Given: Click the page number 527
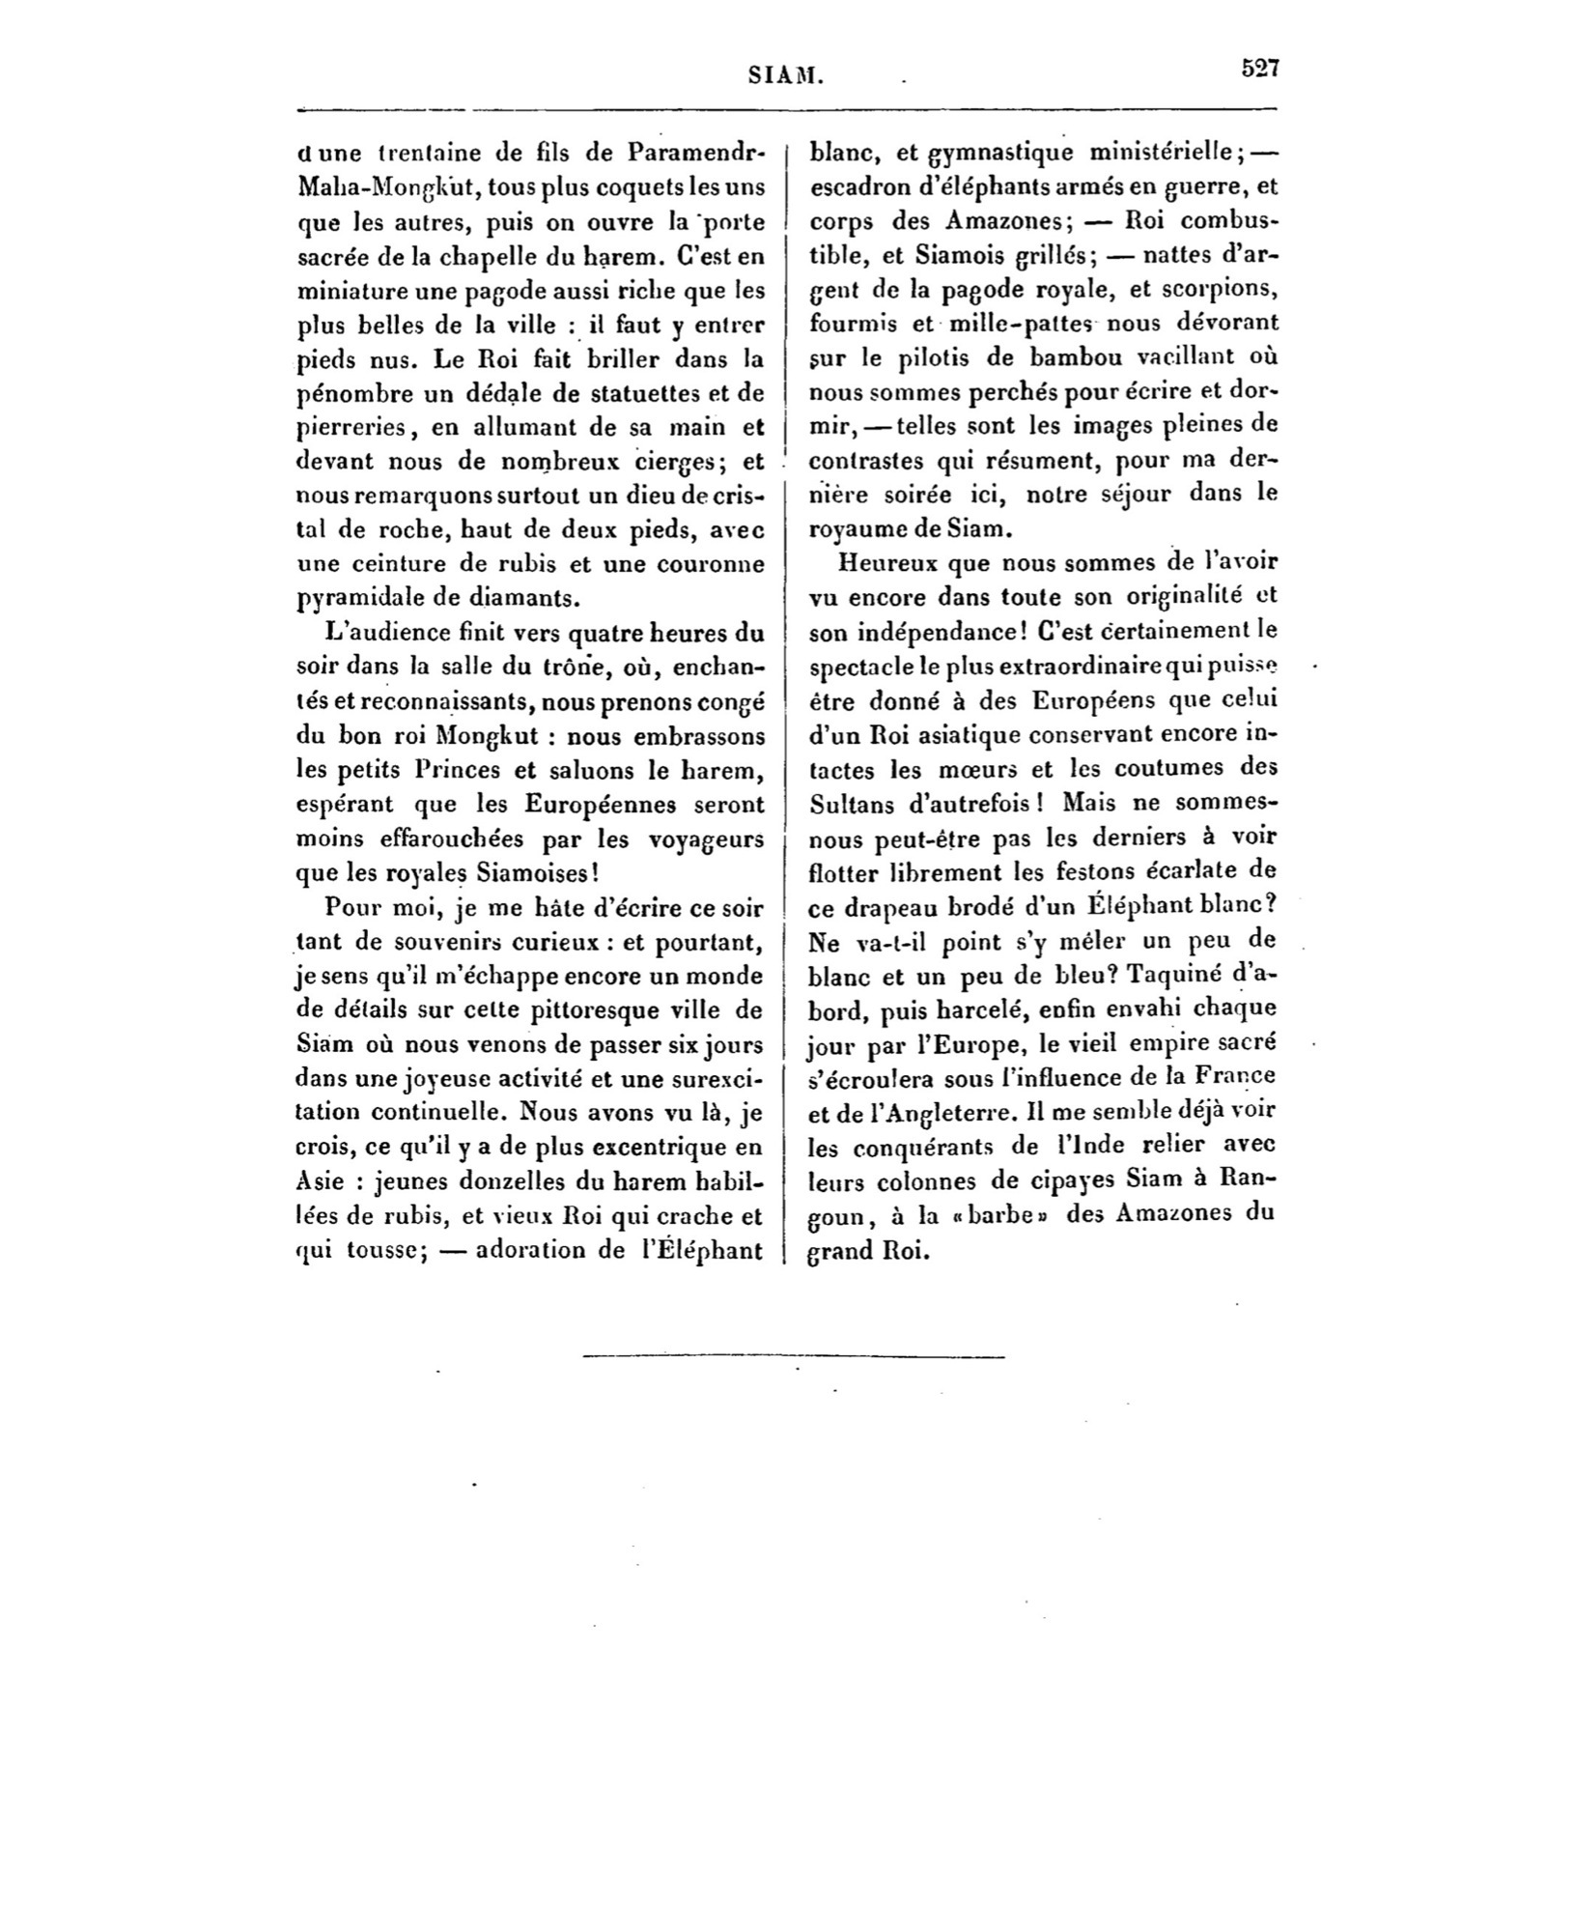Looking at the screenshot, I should (1259, 69).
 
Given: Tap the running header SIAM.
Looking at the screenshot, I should (786, 75).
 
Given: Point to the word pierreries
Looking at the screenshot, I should (344, 427).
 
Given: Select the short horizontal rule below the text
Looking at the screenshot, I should (794, 1357).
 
